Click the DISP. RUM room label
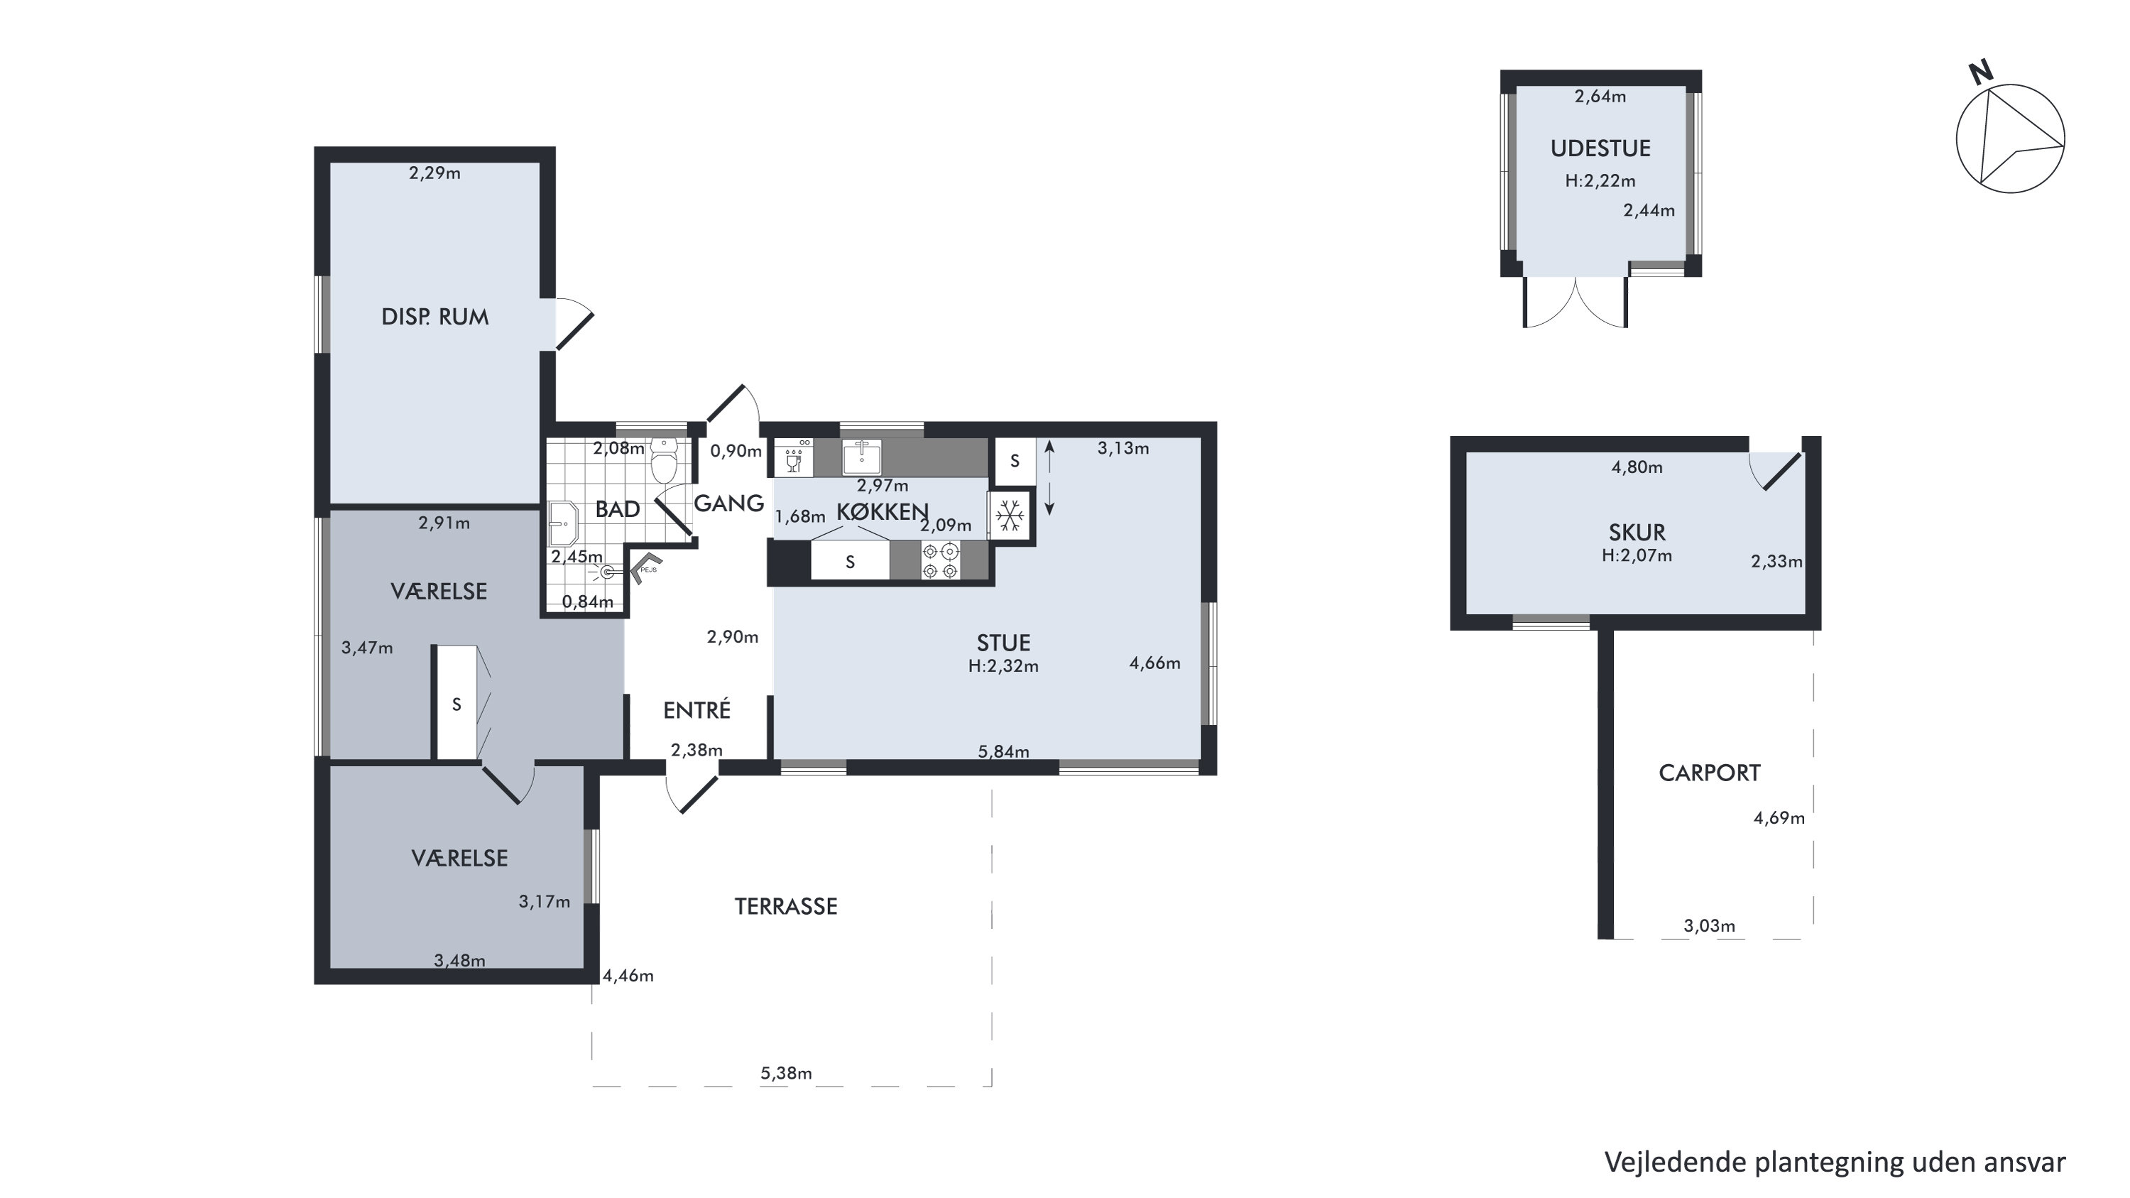(x=435, y=317)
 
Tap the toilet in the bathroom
(x=664, y=459)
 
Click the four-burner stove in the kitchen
(x=940, y=560)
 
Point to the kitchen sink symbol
(x=862, y=457)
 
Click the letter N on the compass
(x=1980, y=74)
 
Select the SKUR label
(x=1637, y=533)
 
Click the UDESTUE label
(x=1600, y=149)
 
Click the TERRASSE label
(x=785, y=907)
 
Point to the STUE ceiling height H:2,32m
(x=1003, y=666)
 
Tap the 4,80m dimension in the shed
(x=1637, y=467)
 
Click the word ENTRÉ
(x=697, y=710)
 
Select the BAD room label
(x=617, y=509)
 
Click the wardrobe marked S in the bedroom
(x=456, y=703)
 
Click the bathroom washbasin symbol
(x=563, y=523)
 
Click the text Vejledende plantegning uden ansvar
(x=1835, y=1162)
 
